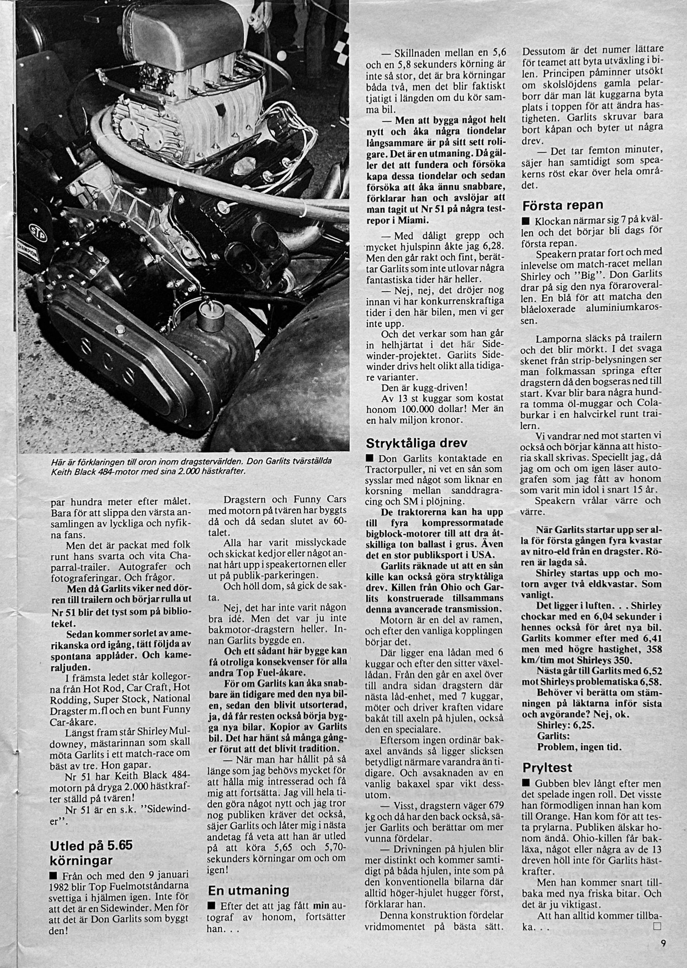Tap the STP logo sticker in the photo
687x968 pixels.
35,232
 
